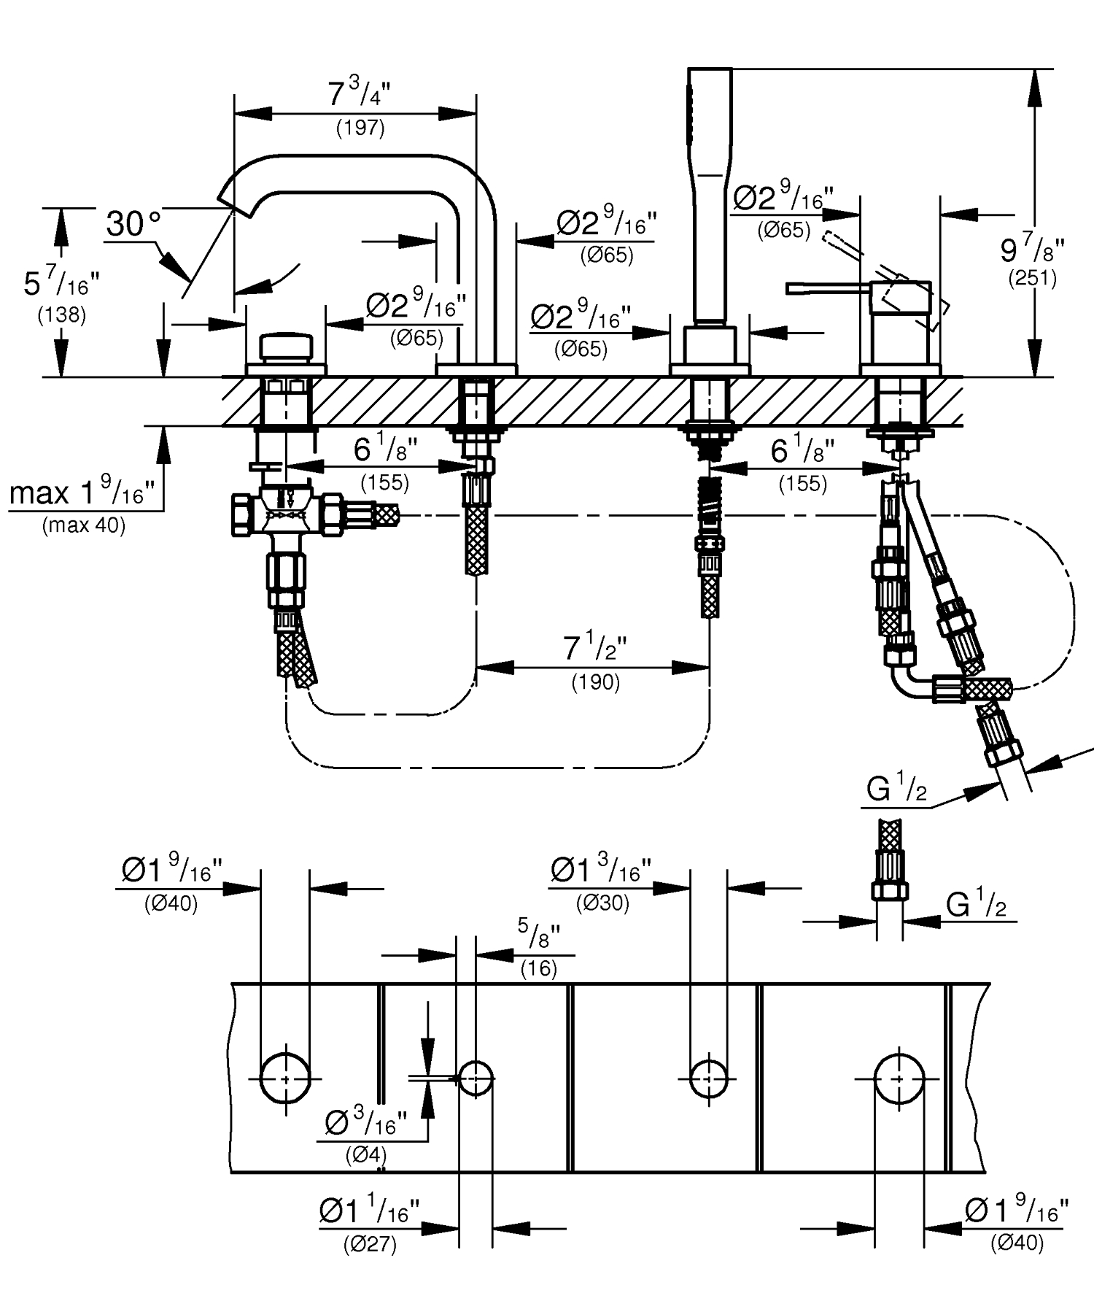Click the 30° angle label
coord(133,223)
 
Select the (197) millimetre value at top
coord(360,128)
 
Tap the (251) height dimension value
coord(1032,277)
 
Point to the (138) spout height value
coord(61,315)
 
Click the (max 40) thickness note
coord(84,525)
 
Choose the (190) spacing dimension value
coord(595,682)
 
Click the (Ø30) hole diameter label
coord(602,903)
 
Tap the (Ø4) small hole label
coord(365,1156)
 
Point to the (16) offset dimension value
coord(539,968)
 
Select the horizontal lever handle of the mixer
coord(828,289)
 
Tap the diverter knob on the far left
coord(286,347)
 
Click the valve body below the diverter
coord(287,515)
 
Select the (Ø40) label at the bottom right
coord(1017,1243)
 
